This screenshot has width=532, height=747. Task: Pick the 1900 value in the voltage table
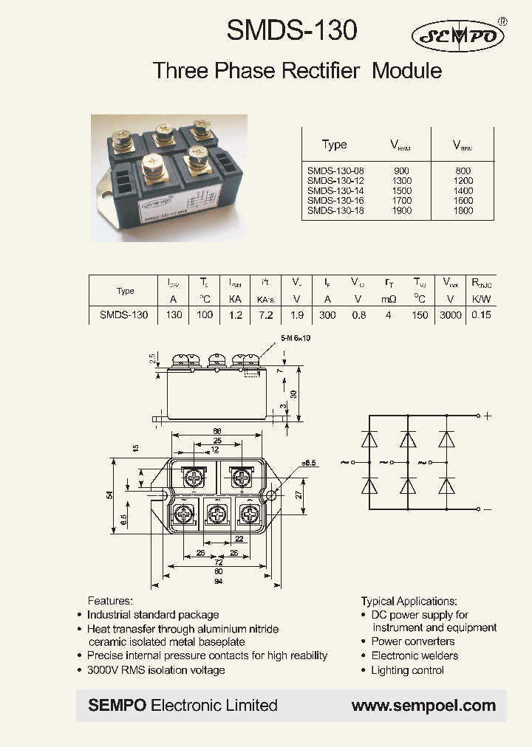point(403,210)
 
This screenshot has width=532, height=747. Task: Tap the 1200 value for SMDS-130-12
point(463,181)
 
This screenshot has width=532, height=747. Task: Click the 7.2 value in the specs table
point(265,314)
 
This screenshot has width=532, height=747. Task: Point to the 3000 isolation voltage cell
point(450,314)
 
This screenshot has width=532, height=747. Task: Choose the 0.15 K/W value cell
point(482,314)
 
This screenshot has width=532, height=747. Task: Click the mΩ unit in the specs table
point(389,299)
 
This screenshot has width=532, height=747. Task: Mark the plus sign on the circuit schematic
point(487,416)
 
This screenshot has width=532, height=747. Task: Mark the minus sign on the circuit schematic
point(487,509)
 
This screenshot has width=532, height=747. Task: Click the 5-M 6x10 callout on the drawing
point(276,337)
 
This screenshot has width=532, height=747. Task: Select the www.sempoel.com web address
point(423,706)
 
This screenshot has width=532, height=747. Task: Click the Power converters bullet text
point(412,642)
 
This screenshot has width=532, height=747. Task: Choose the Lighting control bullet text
point(407,670)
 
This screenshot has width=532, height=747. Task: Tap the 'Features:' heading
point(110,601)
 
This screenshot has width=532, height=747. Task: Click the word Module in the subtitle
point(407,71)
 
